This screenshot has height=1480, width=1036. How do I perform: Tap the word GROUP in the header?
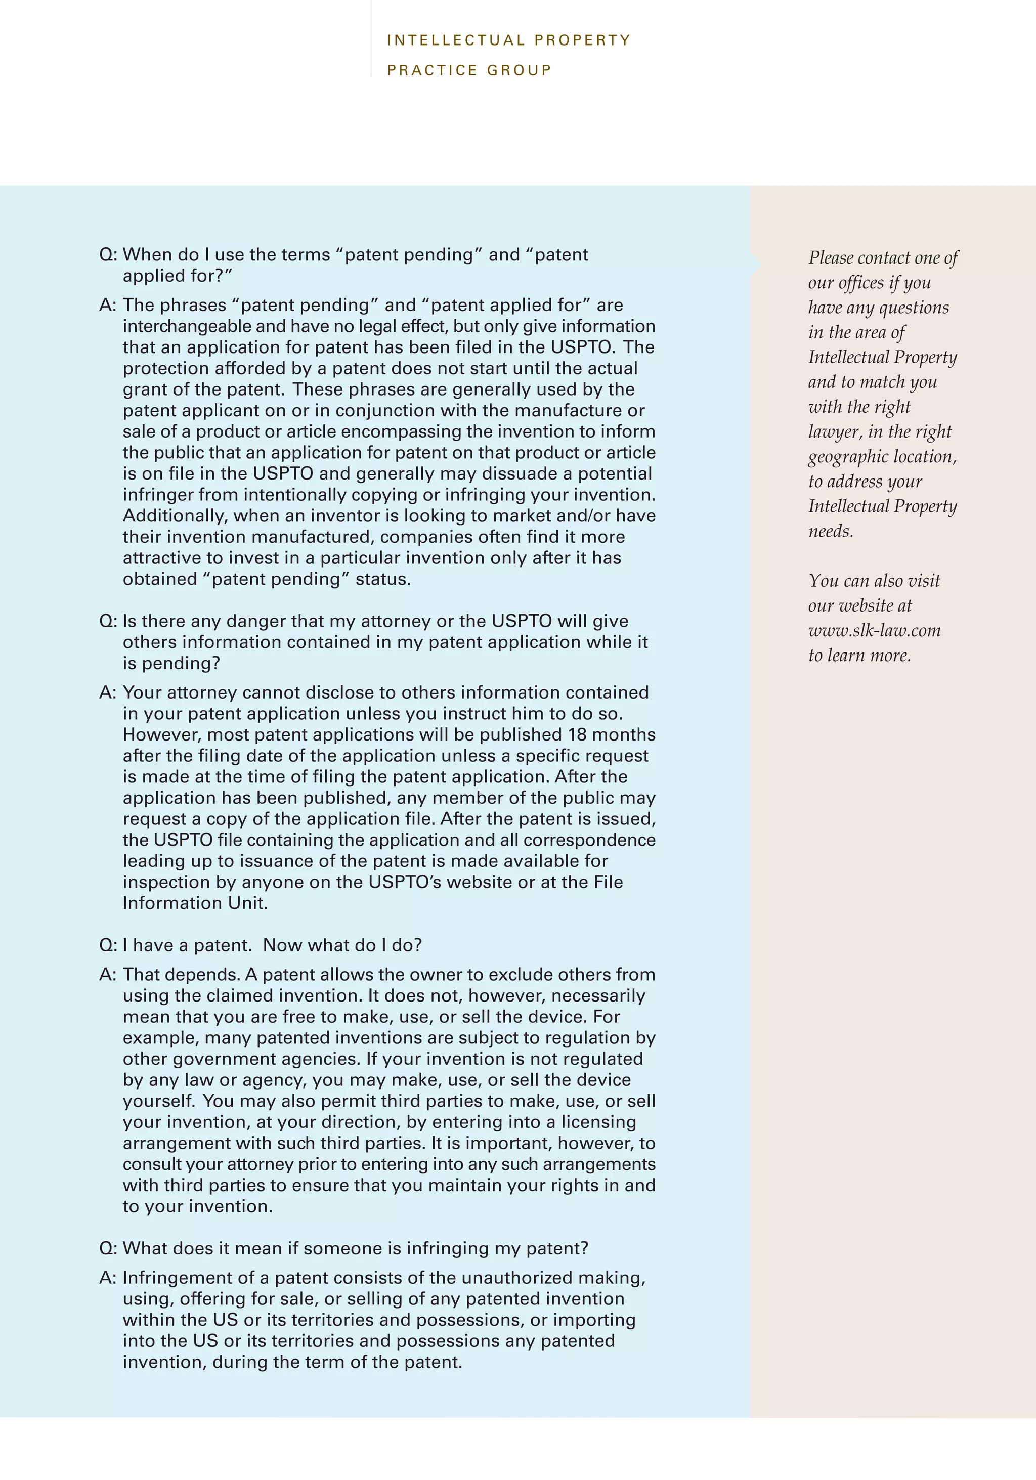coord(519,70)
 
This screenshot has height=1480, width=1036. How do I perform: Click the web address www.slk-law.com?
coord(874,630)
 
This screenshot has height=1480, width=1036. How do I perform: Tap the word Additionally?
coord(175,516)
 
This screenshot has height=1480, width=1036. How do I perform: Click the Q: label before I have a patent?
coord(108,946)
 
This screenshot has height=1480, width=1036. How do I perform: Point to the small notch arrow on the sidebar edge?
coord(756,263)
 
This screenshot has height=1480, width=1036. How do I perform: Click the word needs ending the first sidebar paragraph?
coord(830,532)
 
